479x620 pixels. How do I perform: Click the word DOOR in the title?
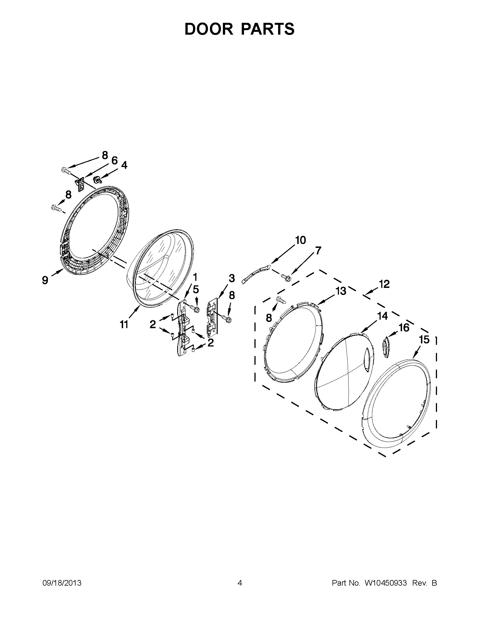209,29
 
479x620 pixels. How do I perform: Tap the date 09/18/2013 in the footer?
62,583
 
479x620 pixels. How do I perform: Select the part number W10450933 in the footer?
385,583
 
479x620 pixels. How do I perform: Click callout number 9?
45,280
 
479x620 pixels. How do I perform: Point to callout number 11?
124,324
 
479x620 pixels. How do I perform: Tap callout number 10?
301,240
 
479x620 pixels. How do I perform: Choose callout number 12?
384,284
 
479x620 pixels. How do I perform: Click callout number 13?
341,291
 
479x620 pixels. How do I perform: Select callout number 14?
383,316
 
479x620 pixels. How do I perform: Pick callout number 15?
424,339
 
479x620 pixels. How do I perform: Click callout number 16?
404,328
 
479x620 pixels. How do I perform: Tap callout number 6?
114,161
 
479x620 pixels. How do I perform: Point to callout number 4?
124,165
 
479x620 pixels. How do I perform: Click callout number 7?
318,251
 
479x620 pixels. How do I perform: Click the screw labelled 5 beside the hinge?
196,308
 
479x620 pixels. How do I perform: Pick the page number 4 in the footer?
240,583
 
